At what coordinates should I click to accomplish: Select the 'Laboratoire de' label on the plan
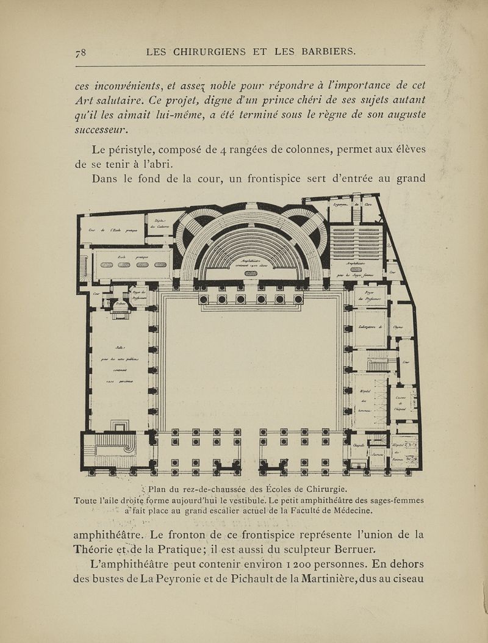[x=370, y=328]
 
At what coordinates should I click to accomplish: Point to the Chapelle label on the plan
[x=359, y=446]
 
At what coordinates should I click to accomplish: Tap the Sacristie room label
[x=376, y=454]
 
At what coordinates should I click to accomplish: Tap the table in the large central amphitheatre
[x=250, y=275]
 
